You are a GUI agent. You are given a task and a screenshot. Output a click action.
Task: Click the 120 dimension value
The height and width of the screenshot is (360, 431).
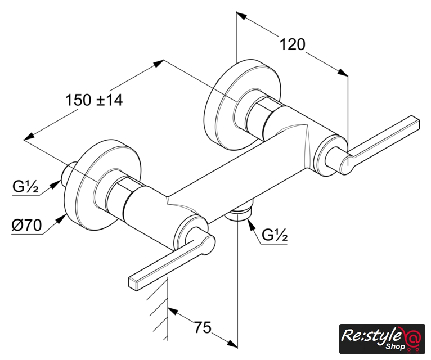292,44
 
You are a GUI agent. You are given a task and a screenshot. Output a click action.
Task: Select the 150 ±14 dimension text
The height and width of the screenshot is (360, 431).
94,100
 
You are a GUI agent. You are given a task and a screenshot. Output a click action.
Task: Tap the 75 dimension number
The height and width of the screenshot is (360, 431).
203,327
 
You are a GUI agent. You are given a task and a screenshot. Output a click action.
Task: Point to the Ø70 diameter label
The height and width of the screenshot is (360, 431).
26,226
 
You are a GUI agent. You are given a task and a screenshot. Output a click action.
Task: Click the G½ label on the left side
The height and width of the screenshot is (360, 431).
25,187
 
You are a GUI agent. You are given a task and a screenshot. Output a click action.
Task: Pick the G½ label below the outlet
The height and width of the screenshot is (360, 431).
275,235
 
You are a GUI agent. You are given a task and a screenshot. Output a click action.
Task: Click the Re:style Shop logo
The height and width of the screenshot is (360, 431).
382,339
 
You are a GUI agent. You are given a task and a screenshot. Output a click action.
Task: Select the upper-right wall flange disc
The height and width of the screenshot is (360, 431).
243,105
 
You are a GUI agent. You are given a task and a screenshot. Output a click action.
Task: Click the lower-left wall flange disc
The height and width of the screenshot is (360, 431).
102,185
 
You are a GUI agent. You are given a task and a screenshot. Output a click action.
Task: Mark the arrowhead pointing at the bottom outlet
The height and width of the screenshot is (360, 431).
250,224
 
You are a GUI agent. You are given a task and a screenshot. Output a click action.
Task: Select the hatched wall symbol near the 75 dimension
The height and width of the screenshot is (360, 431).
159,309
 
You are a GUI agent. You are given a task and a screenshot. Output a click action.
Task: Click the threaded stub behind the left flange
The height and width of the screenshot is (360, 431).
68,174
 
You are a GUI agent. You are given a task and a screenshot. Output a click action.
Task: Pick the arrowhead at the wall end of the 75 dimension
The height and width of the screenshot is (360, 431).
174,312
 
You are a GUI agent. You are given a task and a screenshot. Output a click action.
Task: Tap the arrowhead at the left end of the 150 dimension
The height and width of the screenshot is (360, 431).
29,136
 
